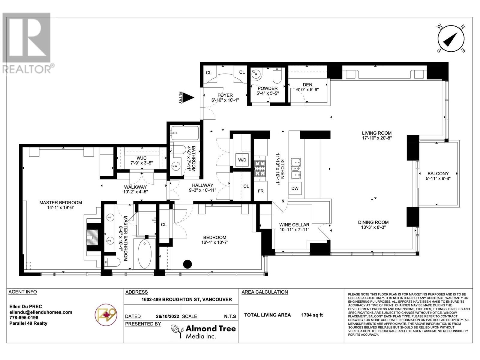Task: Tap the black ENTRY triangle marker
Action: pos(188,97)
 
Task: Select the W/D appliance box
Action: pos(242,160)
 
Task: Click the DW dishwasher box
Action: pos(295,188)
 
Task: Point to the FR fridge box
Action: pos(261,191)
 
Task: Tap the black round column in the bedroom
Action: pos(187,264)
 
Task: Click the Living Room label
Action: pos(376,133)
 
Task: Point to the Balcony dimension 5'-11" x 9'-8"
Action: pos(438,178)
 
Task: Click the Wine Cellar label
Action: pos(294,225)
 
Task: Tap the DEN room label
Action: pos(307,85)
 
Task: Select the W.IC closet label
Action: pos(141,158)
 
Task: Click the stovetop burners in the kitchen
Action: pos(260,169)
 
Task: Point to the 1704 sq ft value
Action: pos(312,315)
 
